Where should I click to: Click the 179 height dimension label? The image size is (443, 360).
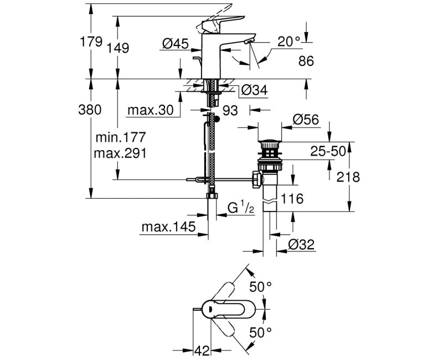click(91, 42)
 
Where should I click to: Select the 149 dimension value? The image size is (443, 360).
click(118, 48)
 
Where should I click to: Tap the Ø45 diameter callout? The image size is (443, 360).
click(176, 43)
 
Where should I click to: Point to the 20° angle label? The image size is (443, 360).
click(289, 42)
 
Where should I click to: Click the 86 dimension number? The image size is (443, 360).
click(306, 61)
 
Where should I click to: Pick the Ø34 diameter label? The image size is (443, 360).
click(254, 90)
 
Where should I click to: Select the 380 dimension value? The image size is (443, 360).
click(90, 110)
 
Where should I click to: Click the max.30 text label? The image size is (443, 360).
click(150, 110)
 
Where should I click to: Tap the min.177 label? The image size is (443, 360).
click(121, 137)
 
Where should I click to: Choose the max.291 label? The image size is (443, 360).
click(120, 153)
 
